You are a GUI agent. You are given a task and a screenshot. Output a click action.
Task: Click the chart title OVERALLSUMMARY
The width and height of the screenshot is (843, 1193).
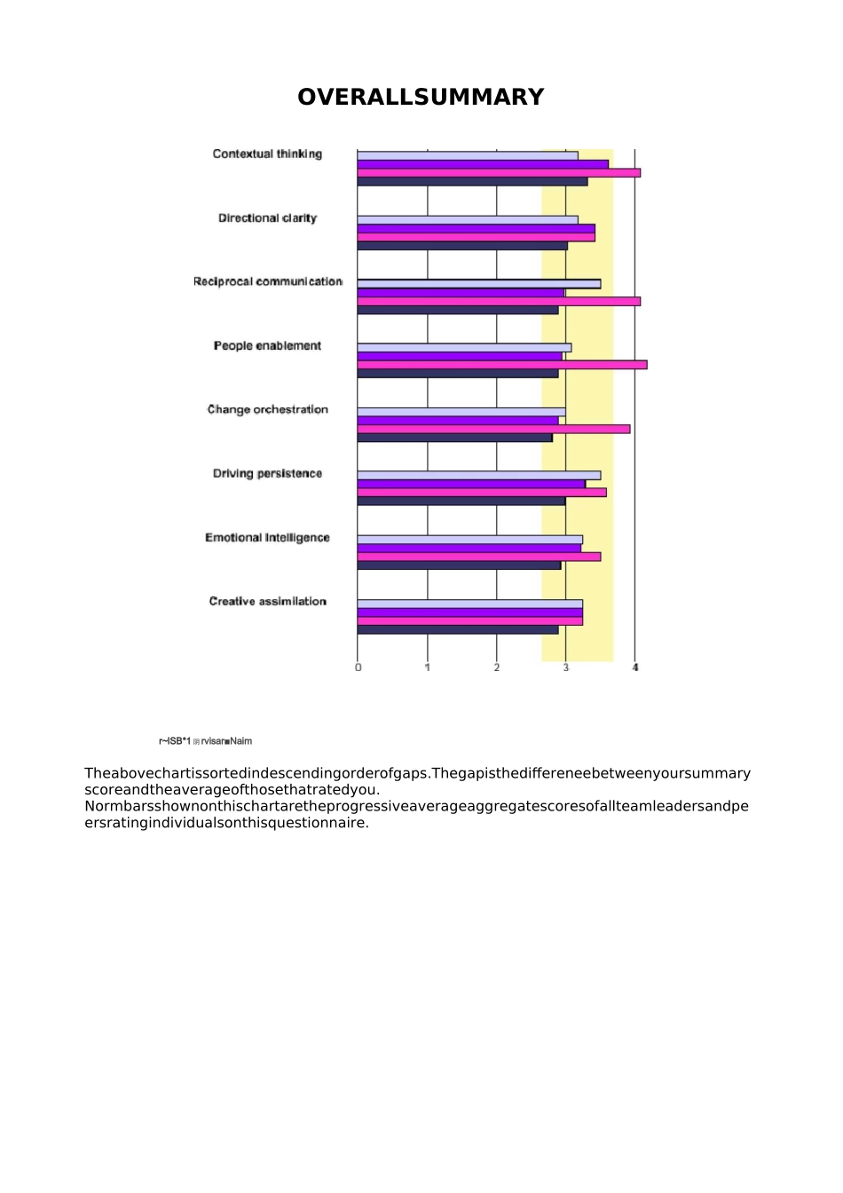(x=421, y=97)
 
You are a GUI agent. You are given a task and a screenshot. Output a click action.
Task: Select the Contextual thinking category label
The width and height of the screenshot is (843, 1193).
(x=267, y=154)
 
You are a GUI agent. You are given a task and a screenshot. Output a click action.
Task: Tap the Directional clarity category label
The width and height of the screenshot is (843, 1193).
(x=267, y=217)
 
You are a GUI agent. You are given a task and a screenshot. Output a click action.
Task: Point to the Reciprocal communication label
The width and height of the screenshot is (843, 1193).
(x=268, y=281)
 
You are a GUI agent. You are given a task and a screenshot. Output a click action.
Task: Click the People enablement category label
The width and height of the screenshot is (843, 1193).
(x=267, y=345)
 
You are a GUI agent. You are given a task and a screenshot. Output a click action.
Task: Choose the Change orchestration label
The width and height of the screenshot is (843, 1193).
(x=267, y=409)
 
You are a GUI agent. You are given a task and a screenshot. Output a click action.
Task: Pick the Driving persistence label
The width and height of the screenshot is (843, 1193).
(x=267, y=473)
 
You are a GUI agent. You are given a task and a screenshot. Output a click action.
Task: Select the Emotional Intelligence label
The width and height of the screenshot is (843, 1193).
(x=267, y=537)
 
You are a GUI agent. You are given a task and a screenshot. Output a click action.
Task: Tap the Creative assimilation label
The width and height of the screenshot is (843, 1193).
(x=267, y=601)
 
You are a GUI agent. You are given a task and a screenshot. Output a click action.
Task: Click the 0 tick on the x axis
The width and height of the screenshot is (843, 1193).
(x=358, y=668)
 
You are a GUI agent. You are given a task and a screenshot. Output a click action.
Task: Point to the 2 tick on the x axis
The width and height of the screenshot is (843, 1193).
(x=497, y=668)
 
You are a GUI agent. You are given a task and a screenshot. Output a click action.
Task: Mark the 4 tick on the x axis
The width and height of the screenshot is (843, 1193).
(x=635, y=668)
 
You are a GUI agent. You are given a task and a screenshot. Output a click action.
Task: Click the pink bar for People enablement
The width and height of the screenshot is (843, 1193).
(x=501, y=365)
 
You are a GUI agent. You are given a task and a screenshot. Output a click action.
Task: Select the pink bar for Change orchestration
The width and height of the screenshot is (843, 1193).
(x=493, y=429)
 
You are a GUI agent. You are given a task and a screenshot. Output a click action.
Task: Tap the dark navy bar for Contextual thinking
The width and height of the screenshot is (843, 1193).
(x=472, y=182)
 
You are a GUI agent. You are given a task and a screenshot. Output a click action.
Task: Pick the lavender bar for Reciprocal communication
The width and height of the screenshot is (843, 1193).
(x=479, y=284)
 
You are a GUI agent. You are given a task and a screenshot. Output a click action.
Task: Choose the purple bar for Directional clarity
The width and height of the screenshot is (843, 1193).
(x=476, y=228)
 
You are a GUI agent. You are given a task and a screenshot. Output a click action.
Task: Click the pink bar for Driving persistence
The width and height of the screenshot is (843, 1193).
(x=482, y=493)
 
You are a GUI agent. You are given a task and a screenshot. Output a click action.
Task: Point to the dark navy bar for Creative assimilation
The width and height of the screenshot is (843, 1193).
(x=458, y=630)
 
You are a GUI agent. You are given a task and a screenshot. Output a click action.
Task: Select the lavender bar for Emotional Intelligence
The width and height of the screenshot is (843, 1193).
(x=470, y=540)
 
